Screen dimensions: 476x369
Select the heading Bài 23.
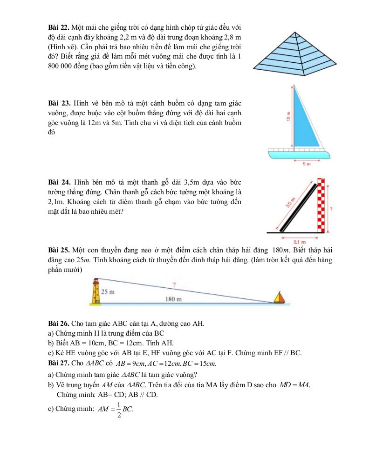(x=58, y=102)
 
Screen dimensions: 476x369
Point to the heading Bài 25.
(x=58, y=250)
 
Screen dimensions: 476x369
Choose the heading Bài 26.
(x=58, y=324)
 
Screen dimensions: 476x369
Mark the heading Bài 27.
(x=58, y=363)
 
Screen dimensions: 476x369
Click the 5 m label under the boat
(x=307, y=164)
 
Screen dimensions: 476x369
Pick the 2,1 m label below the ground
(x=300, y=242)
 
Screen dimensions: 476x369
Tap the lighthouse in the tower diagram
(x=96, y=292)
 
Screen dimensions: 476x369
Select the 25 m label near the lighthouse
(x=108, y=292)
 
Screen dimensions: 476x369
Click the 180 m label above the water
(x=173, y=299)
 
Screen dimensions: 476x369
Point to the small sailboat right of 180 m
(x=279, y=297)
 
